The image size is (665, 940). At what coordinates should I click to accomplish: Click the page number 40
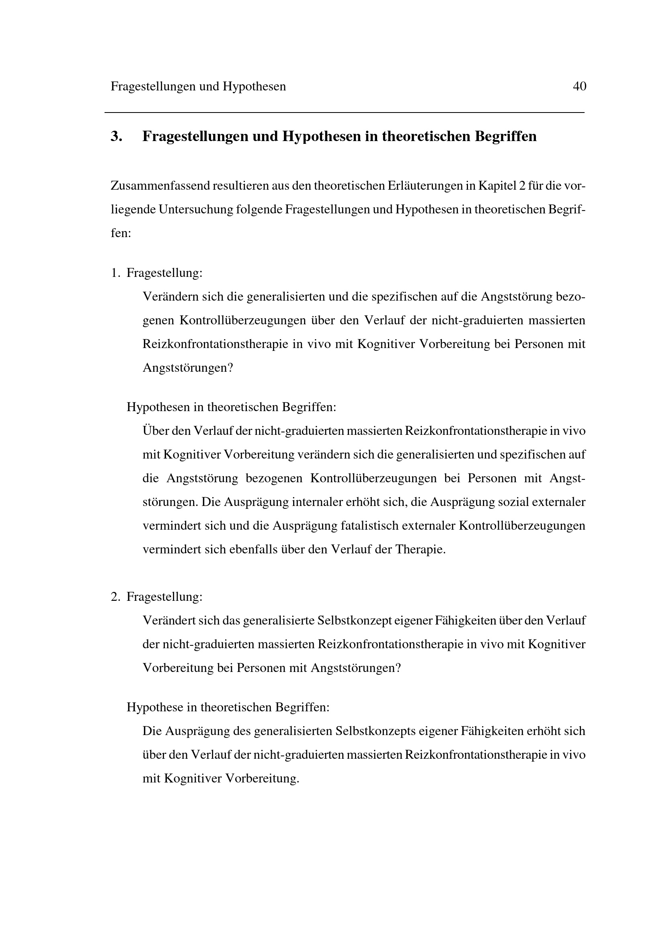(579, 86)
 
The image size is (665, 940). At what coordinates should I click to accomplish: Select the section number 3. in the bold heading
(116, 136)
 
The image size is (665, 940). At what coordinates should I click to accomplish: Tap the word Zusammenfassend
(160, 186)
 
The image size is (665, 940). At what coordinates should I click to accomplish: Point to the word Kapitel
(493, 186)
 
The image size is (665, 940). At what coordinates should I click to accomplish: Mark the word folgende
(259, 210)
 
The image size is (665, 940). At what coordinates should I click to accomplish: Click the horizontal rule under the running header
(344, 113)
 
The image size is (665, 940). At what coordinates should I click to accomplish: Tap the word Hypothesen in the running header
(254, 87)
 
